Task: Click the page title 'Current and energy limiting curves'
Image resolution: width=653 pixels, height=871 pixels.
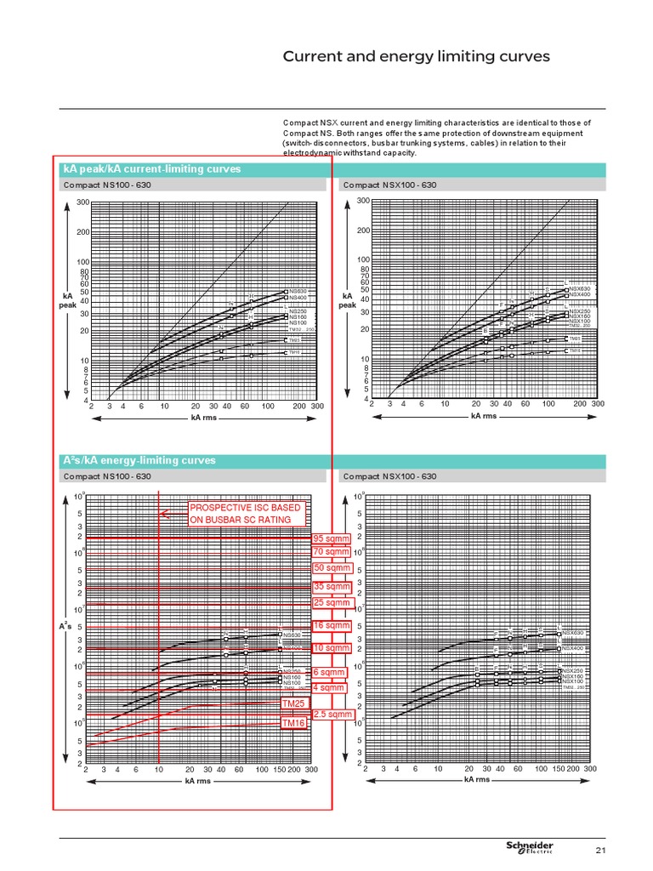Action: [x=417, y=57]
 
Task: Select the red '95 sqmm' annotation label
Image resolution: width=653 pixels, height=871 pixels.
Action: [x=332, y=539]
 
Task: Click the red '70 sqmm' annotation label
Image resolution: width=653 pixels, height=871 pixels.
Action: [x=332, y=552]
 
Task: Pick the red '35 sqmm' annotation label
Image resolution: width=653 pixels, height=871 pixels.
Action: [x=332, y=587]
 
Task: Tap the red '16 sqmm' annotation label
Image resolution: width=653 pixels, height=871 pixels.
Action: [x=332, y=626]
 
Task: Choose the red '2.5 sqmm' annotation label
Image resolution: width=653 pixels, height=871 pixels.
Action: [x=332, y=714]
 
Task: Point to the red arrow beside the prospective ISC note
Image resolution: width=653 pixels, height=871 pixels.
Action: [x=173, y=512]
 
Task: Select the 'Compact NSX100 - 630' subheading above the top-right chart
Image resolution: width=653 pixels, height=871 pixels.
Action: [x=389, y=185]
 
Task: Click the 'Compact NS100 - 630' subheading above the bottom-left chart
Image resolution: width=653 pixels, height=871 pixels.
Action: [x=108, y=476]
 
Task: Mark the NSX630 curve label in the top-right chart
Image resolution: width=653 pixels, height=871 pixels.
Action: [x=581, y=288]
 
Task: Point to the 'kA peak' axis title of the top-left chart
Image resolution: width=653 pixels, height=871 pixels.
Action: [x=67, y=300]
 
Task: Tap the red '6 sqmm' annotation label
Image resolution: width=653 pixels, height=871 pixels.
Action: [x=327, y=672]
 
